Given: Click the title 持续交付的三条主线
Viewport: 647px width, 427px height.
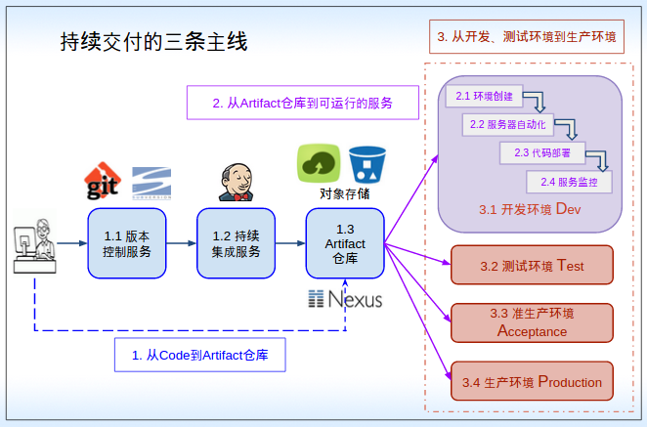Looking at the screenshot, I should [153, 42].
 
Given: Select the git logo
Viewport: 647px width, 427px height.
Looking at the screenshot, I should [103, 182].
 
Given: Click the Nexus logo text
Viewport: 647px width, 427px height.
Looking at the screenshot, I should [345, 299].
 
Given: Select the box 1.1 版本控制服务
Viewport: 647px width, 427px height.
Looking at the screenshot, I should [126, 243].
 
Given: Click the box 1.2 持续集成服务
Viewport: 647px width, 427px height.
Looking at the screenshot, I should [236, 243].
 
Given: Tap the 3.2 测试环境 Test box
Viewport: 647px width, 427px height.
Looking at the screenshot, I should [532, 265].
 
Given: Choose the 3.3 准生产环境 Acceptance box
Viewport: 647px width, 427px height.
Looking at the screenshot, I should [532, 322].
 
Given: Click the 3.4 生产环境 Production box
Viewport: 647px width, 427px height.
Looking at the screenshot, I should [532, 382].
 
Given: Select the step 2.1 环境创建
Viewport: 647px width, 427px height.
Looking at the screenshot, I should [485, 97].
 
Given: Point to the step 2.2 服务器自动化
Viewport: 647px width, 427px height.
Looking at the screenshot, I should [507, 124].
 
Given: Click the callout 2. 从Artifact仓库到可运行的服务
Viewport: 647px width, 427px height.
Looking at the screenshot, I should [302, 103].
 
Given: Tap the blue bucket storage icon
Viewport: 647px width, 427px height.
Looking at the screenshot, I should [367, 163].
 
